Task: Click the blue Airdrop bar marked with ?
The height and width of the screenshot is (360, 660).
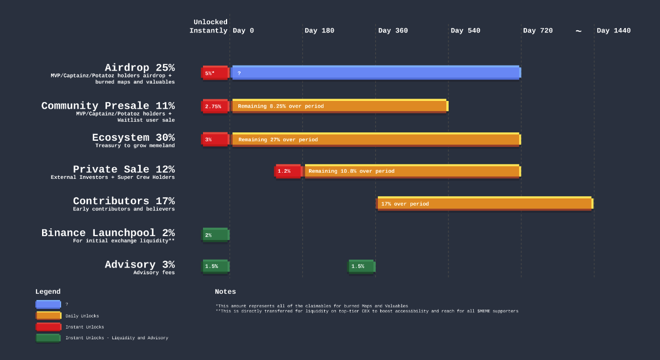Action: [376, 73]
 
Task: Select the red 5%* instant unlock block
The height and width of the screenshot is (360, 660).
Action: [215, 73]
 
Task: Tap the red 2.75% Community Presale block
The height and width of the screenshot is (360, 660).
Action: [215, 106]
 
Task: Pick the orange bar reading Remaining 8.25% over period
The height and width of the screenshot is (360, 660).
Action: [339, 106]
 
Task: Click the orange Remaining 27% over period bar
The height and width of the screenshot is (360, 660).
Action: [376, 140]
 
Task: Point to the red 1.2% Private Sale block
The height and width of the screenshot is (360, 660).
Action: [288, 171]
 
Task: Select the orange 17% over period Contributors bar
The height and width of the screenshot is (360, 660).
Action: [484, 204]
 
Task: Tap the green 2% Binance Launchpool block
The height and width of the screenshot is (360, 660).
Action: [215, 235]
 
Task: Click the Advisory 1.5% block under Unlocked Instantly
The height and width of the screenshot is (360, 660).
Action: [215, 266]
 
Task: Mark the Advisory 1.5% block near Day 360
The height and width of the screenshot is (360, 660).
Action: [361, 266]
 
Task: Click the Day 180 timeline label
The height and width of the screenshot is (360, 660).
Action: [319, 31]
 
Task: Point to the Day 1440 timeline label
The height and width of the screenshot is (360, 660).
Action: [613, 31]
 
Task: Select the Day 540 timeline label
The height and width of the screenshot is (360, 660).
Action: [465, 31]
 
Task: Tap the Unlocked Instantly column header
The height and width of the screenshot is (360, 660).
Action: [209, 27]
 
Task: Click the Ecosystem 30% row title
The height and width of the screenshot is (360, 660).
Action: [133, 138]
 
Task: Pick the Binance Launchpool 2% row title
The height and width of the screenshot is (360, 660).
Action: [108, 233]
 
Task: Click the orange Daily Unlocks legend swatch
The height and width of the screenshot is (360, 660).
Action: [48, 316]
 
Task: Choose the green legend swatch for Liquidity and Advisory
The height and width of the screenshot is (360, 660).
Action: [48, 338]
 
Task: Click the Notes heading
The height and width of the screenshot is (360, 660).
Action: [225, 292]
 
